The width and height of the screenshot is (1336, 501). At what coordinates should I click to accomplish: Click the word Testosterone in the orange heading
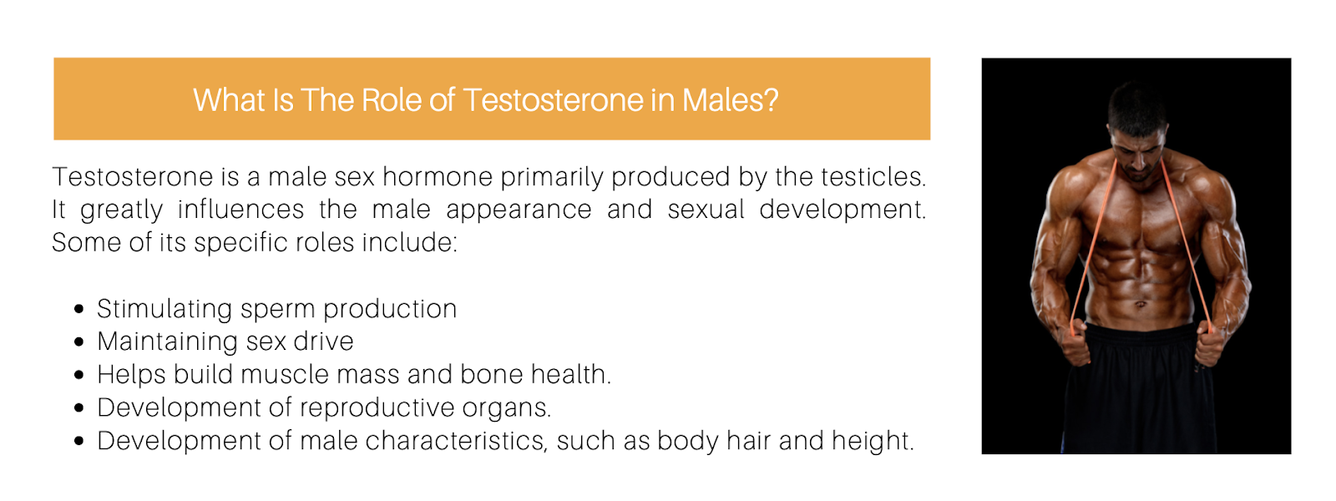tap(553, 100)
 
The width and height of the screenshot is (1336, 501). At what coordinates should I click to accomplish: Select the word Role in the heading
tap(392, 100)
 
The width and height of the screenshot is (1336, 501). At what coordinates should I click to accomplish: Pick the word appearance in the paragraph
tap(519, 210)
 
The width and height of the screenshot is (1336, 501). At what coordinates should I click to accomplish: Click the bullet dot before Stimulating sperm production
tap(78, 309)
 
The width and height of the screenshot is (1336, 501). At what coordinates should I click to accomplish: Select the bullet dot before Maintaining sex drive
tap(78, 342)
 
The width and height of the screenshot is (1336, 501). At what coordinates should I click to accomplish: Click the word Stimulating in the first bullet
tap(164, 310)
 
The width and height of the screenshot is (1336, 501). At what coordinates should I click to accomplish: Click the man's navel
tap(1140, 305)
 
